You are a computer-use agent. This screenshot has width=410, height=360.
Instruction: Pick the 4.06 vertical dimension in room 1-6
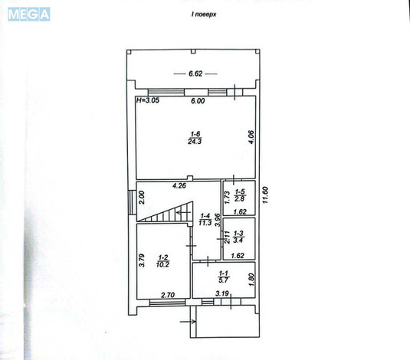click(x=249, y=137)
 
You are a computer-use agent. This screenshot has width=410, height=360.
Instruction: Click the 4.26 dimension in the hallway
click(x=179, y=185)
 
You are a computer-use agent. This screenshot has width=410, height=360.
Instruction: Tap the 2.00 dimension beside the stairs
click(x=142, y=197)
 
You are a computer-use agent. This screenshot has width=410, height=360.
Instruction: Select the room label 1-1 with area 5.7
click(x=223, y=277)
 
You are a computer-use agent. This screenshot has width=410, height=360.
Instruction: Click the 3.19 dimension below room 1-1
click(x=221, y=293)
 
